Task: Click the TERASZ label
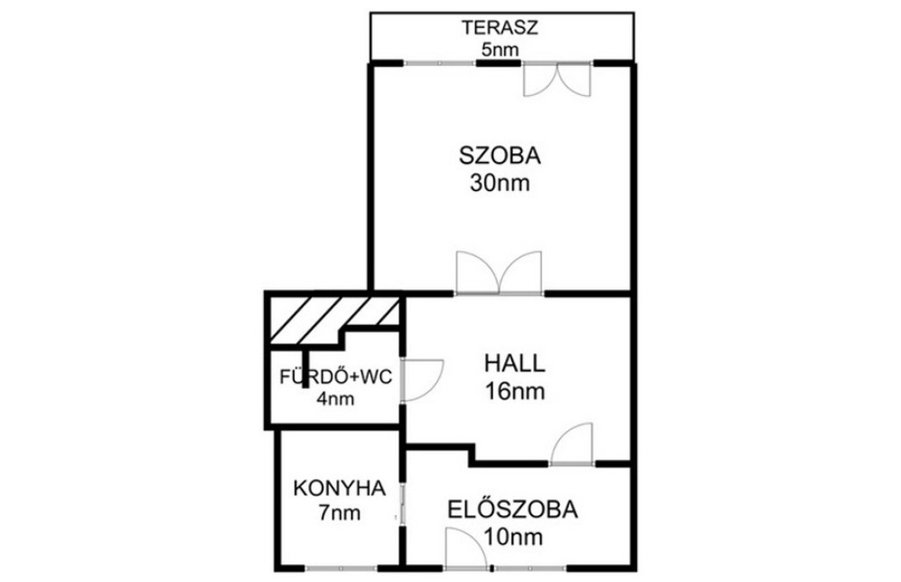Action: (501, 27)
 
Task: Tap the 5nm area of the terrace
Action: (500, 50)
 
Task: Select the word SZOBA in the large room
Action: (500, 156)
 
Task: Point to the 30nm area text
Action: (500, 183)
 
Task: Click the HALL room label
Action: (514, 364)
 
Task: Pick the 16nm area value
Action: (515, 392)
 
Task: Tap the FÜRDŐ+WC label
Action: (335, 377)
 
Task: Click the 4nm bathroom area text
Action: (335, 399)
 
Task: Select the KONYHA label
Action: (339, 489)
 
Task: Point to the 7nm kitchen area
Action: (340, 512)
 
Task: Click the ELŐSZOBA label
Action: (513, 510)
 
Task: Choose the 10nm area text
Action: (513, 537)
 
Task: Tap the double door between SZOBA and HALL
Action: (499, 273)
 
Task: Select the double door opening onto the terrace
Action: (557, 78)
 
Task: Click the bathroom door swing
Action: (422, 379)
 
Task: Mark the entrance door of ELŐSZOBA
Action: (466, 549)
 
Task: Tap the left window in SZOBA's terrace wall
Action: (440, 63)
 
